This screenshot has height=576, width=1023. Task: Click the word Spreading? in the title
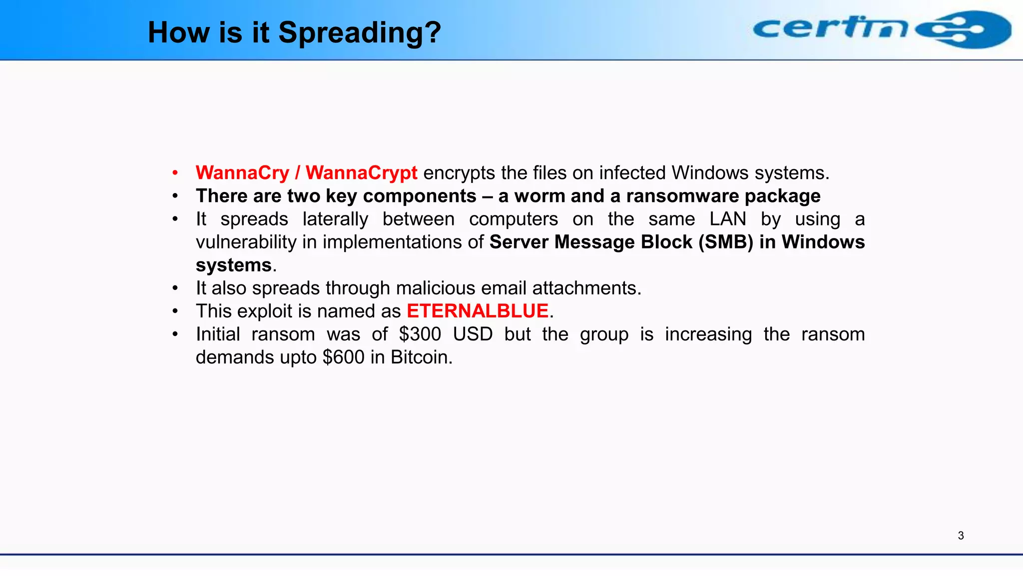coord(359,33)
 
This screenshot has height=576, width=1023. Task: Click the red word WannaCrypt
coord(361,173)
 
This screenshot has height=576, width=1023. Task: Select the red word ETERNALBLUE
coord(478,311)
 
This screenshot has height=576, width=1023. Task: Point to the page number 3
coord(961,535)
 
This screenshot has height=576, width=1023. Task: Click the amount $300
coord(420,334)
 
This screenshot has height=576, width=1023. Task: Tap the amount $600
coord(343,357)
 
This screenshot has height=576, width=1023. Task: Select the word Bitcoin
coord(421,357)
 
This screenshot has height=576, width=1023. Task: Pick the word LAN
coord(727,219)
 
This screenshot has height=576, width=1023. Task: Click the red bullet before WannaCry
coord(175,173)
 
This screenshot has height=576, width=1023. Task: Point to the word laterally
coord(335,219)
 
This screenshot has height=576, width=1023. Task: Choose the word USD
coord(473,334)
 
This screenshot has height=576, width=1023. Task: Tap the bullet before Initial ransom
coord(175,334)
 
